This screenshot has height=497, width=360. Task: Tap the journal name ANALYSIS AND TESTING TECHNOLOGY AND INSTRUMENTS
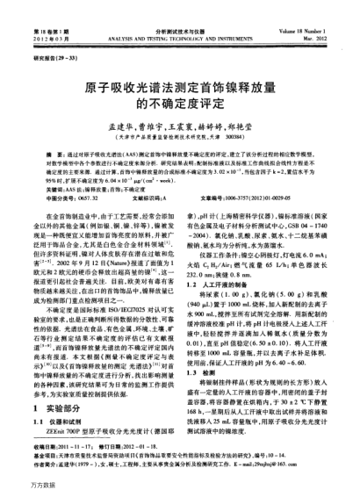[x=180, y=17]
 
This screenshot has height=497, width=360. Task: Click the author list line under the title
[x=179, y=131]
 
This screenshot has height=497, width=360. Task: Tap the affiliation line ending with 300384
[x=179, y=143]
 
